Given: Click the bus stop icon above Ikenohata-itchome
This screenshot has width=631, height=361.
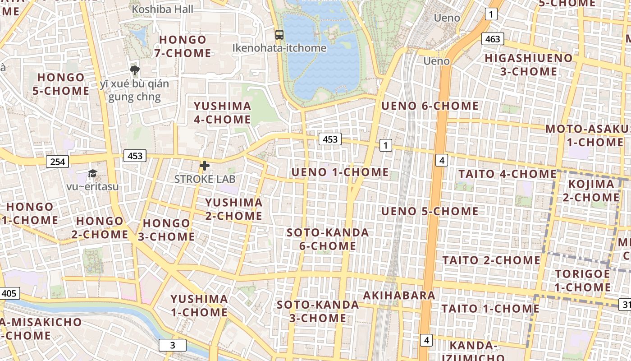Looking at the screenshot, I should point(279,34).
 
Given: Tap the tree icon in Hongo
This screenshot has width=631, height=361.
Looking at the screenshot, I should point(134,70).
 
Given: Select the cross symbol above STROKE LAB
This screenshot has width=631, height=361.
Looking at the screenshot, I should point(205,166).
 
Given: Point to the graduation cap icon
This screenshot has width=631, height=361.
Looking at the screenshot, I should point(92,173).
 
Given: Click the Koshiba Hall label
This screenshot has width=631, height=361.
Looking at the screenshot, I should point(163,9).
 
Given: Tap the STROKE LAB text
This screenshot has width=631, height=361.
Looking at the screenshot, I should point(205,179).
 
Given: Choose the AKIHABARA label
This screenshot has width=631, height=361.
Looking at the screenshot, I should point(399,296).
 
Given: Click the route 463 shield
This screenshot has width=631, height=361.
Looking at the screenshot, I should point(492,39).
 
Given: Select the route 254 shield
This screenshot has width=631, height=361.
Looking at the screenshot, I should point(58,161).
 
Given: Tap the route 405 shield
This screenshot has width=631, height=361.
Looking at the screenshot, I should point(9,293).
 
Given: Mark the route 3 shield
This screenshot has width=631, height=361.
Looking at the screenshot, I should point(172,346).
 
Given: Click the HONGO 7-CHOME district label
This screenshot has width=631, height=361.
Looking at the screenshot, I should point(183,46).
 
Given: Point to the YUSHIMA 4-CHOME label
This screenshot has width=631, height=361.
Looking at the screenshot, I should point(222,113).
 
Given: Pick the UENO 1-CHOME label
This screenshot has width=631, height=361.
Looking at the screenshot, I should point(340,172).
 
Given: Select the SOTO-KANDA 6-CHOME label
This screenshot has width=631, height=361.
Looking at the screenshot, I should point(328,239).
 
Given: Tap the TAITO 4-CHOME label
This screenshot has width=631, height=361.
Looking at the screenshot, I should point(508,174).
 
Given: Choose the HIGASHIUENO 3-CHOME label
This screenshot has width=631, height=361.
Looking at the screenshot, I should point(528,65).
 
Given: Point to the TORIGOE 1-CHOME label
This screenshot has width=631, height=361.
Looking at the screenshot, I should point(582,280).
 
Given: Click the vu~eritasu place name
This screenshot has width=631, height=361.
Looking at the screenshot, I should point(92,186).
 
